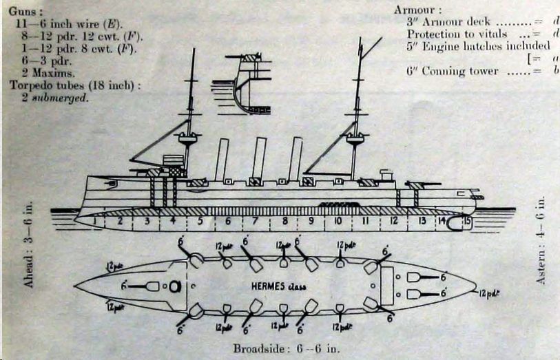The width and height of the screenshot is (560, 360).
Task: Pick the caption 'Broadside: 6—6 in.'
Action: (x=285, y=348)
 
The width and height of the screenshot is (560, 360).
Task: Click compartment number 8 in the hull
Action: (x=284, y=222)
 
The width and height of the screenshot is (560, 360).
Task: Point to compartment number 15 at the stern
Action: (x=468, y=221)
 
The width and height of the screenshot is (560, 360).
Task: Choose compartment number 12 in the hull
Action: (x=393, y=222)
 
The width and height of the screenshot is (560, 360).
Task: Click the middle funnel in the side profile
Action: (x=258, y=158)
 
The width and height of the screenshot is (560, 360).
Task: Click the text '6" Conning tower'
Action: (x=453, y=71)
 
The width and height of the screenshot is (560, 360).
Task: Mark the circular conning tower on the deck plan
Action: (x=174, y=285)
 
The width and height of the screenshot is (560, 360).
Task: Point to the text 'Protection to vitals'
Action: (x=457, y=34)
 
